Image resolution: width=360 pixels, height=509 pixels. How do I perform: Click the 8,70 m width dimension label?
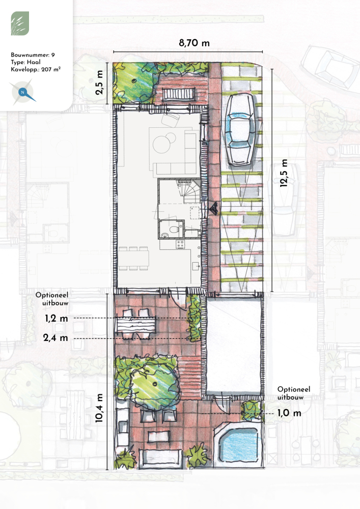[x=194, y=43]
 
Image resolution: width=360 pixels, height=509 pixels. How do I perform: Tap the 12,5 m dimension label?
[x=284, y=173]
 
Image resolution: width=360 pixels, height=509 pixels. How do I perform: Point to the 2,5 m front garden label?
[x=99, y=82]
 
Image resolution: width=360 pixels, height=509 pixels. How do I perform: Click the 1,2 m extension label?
[x=57, y=319]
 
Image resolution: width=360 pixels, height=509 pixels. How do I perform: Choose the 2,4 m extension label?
[x=56, y=338]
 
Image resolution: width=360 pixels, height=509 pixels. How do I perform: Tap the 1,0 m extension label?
[x=289, y=413]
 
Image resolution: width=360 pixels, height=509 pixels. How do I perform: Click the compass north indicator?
[x=23, y=93]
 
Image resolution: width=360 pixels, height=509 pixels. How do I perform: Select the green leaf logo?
[x=20, y=23]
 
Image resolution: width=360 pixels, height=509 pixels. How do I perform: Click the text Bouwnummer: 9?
[x=33, y=55]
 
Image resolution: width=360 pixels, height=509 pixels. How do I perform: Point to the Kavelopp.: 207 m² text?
[x=36, y=69]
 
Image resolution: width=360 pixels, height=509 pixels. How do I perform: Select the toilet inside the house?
[x=174, y=229]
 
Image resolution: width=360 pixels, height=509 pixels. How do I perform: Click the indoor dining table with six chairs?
[x=133, y=259]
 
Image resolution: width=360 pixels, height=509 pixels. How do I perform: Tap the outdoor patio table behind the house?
[x=135, y=324]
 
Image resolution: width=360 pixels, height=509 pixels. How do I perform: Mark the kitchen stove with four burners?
[x=180, y=244]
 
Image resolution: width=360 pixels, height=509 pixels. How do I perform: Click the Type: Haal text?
[x=25, y=62]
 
